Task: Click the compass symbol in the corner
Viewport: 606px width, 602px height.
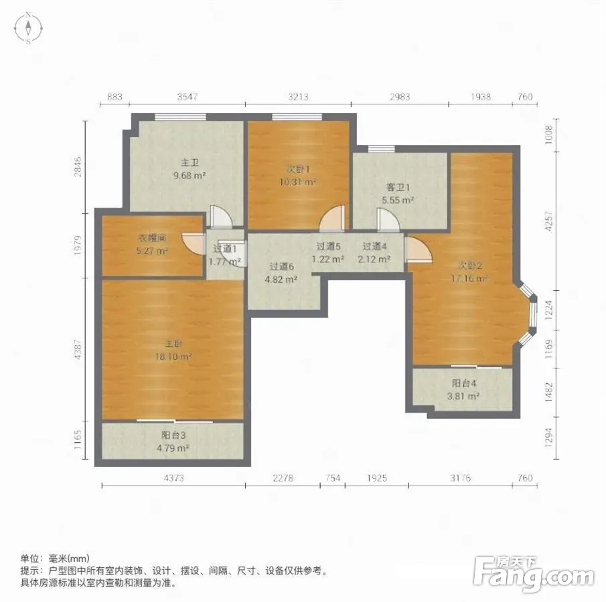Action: click(28, 28)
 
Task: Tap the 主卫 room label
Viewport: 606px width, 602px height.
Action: click(190, 163)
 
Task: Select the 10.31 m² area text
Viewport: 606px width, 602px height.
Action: click(298, 182)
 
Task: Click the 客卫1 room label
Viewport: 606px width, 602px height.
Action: click(398, 187)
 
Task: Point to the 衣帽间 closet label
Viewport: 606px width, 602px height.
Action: click(152, 238)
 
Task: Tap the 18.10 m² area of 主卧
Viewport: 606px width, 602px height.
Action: click(173, 357)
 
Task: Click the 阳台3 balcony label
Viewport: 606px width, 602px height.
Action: click(173, 435)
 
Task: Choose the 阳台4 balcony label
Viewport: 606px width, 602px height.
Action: click(464, 383)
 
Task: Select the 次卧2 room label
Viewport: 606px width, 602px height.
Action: click(470, 266)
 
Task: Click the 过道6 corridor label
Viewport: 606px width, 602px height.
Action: click(281, 266)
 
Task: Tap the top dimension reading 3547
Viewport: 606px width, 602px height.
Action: click(187, 96)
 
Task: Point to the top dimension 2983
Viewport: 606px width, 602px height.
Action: click(400, 96)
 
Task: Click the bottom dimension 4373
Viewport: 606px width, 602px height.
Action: click(174, 478)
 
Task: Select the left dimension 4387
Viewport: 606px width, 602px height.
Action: click(78, 349)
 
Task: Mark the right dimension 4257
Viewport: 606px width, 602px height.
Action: click(548, 221)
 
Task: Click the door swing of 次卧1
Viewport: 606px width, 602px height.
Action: click(332, 219)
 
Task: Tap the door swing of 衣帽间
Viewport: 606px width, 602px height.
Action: click(194, 243)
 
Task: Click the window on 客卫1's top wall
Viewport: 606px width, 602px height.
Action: click(381, 148)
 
